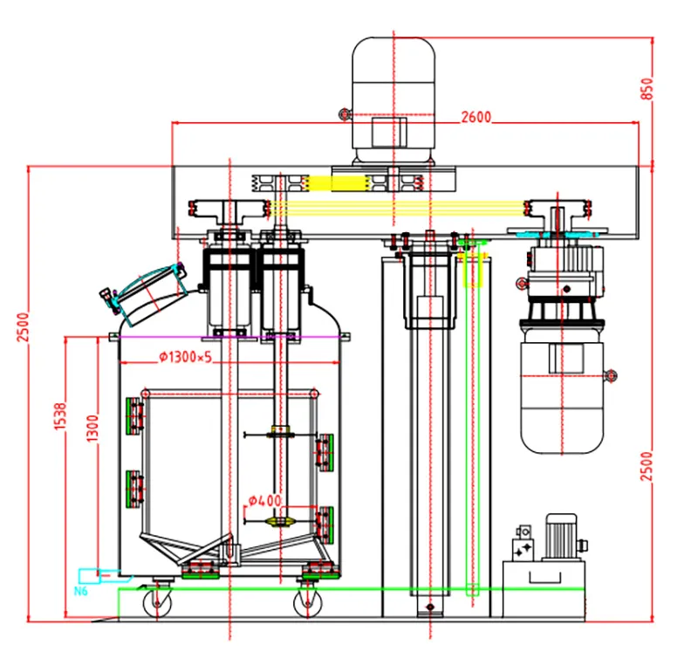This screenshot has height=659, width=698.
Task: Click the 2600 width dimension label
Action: pos(476,117)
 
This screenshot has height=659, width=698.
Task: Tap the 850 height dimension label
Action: pos(647,89)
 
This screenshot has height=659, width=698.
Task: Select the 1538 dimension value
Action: pos(60,416)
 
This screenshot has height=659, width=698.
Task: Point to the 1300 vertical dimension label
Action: pos(92,429)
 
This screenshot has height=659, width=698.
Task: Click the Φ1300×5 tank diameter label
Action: pos(186,357)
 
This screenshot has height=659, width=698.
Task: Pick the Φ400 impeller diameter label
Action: pos(265,500)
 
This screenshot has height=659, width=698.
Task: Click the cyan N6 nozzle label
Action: pos(80,591)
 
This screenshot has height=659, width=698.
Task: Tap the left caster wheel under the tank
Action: pos(157,603)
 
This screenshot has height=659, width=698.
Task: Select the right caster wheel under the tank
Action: pos(308,603)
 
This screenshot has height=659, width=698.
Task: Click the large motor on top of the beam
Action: pos(393,100)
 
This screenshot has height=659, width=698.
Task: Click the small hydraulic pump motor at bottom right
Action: pos(561,537)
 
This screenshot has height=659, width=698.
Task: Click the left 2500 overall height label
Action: pos(23,326)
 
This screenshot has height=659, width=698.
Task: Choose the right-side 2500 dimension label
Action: pos(647,466)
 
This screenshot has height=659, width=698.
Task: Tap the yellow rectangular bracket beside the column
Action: pos(473,271)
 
